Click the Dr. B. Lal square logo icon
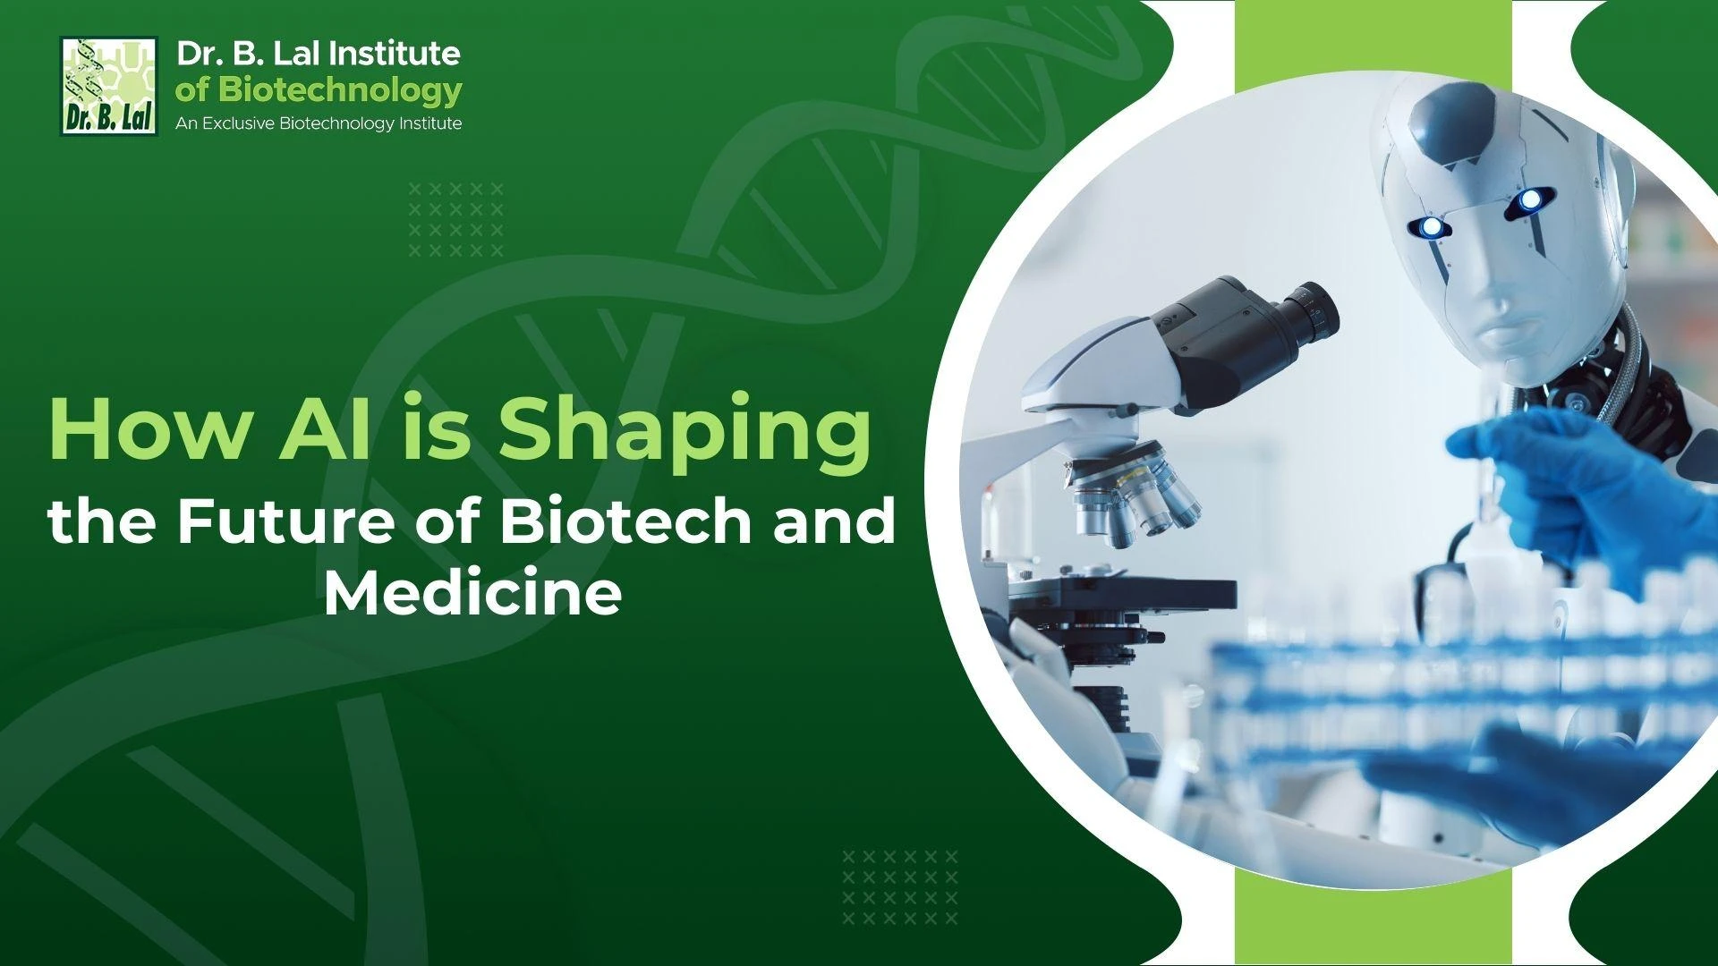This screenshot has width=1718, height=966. coord(108,86)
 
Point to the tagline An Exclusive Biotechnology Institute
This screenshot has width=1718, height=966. coord(319,123)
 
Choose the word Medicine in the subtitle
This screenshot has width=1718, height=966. coord(472,592)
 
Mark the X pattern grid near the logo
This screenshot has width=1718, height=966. coord(456,220)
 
